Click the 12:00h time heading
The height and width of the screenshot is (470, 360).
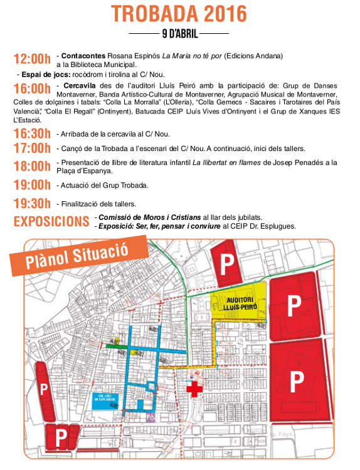31,59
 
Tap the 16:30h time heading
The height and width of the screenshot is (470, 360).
31,133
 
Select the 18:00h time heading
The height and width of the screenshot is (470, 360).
31,166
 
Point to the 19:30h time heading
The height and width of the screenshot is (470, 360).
31,203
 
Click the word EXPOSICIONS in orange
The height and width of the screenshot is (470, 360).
51,221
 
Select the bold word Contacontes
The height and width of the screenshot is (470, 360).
85,55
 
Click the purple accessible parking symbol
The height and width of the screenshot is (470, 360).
150,415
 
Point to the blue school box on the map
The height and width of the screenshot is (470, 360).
103,400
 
